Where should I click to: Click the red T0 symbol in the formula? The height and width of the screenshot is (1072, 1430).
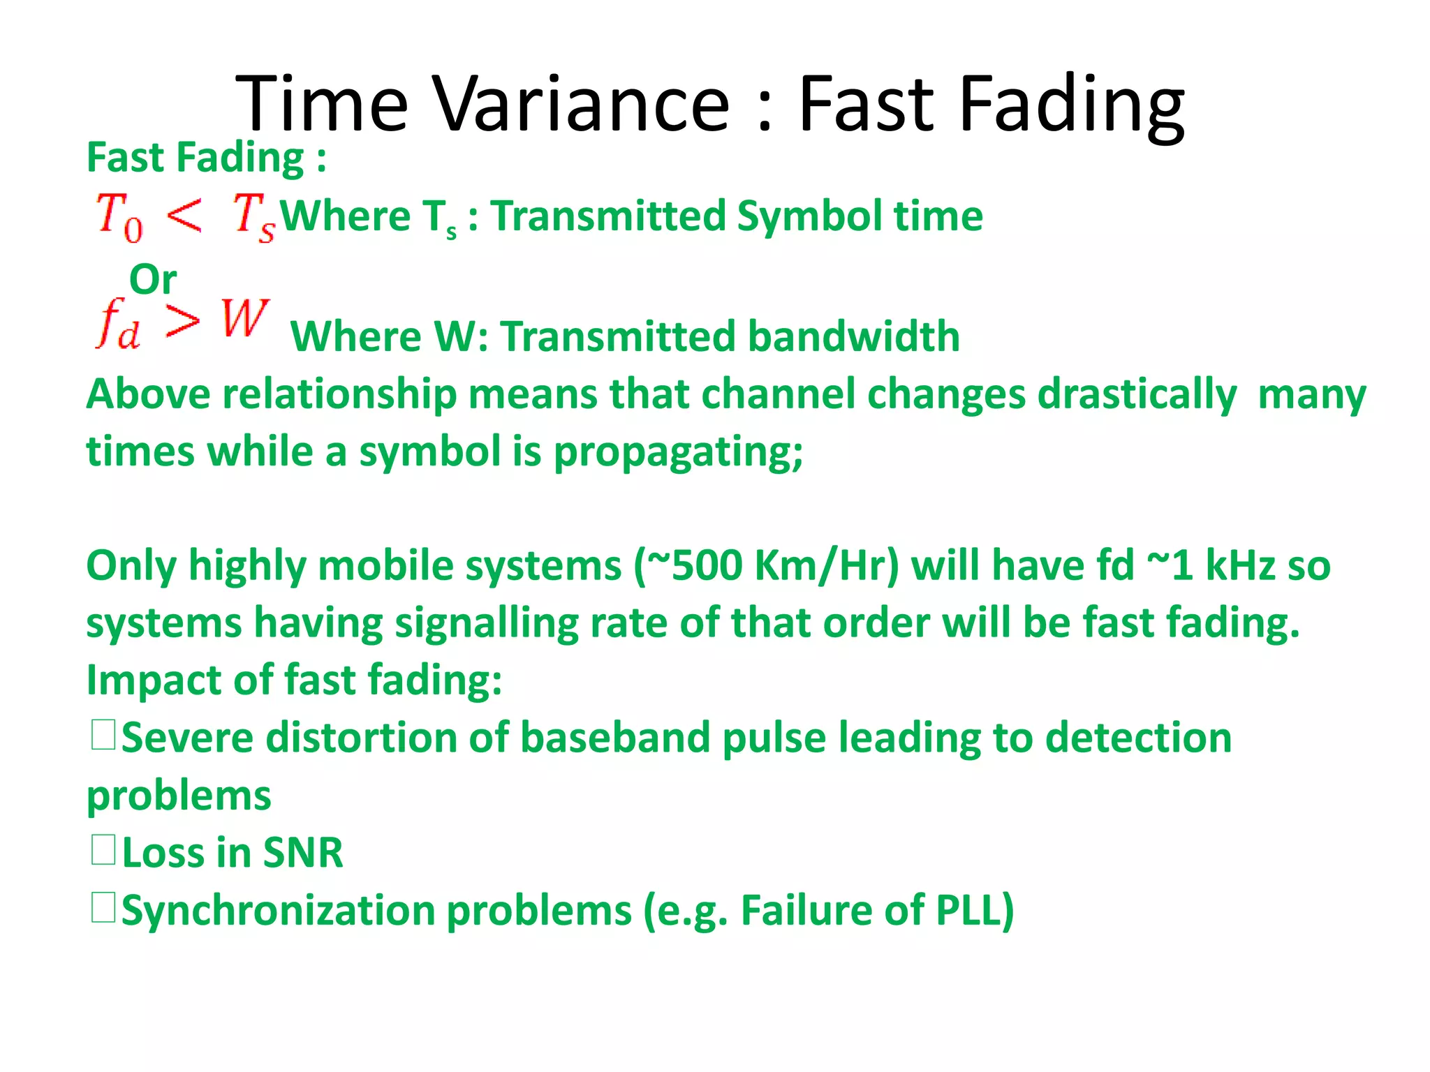click(119, 217)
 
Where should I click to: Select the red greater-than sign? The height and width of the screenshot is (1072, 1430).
click(183, 322)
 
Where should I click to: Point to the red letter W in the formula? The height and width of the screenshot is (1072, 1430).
click(244, 319)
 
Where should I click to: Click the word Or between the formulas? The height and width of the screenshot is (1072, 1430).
click(153, 280)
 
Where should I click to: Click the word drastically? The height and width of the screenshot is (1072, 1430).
click(1137, 394)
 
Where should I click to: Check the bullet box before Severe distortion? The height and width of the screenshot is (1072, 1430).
click(103, 736)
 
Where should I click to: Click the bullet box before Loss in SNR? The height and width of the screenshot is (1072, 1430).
click(103, 851)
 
